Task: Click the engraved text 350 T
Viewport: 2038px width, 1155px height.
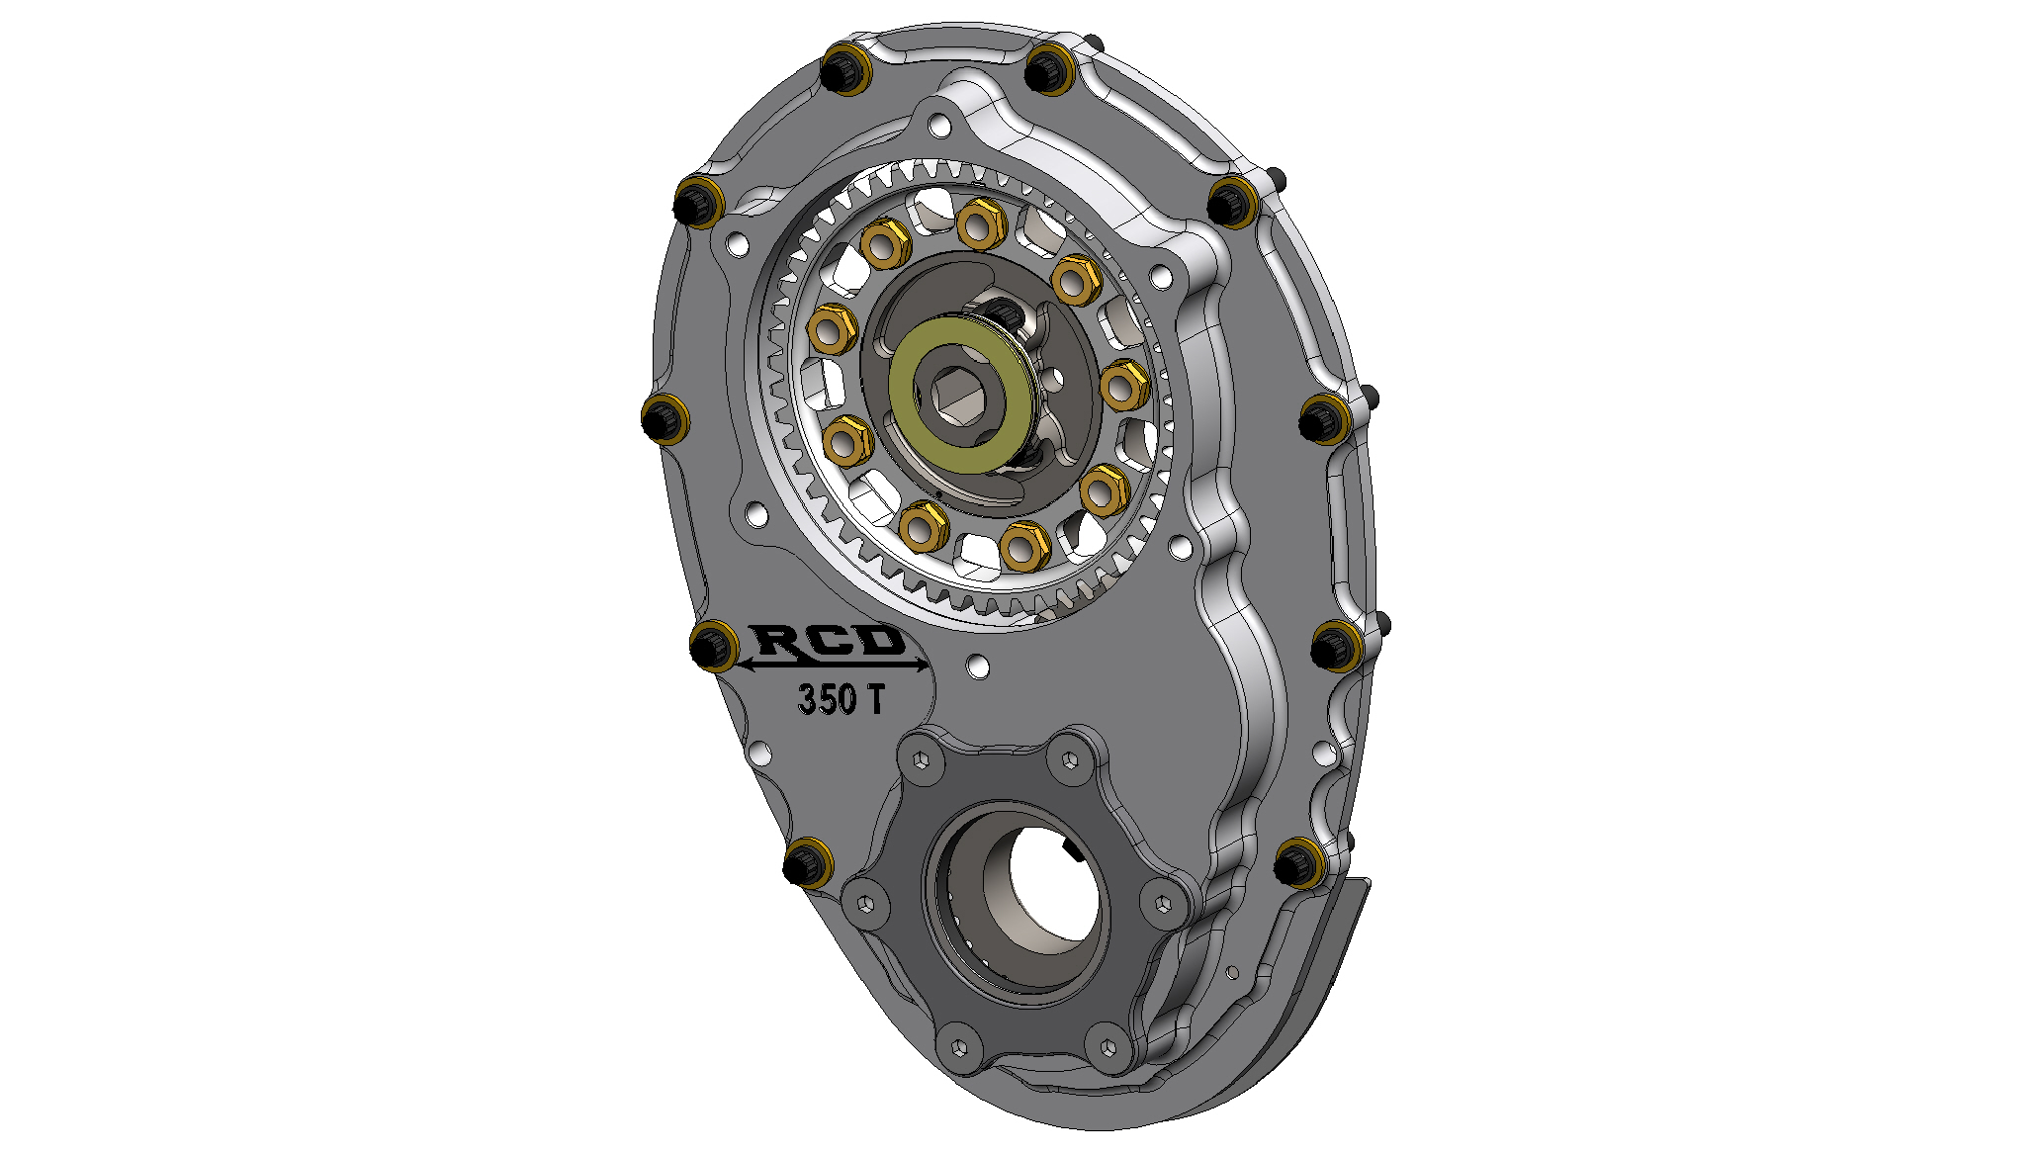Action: coord(841,699)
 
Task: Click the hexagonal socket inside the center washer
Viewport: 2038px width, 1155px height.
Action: coord(956,394)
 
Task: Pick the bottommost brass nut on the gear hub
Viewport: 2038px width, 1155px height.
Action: coord(1023,546)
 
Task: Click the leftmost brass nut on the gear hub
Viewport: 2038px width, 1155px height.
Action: coord(832,329)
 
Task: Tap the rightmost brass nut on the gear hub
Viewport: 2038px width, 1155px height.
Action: coord(1124,386)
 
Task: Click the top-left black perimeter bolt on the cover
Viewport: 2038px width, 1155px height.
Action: coord(843,70)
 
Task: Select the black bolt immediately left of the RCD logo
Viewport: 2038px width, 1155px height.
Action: coord(711,647)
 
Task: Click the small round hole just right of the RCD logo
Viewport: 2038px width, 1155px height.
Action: coord(978,666)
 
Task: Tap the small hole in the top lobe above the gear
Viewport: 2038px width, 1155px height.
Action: coord(939,125)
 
